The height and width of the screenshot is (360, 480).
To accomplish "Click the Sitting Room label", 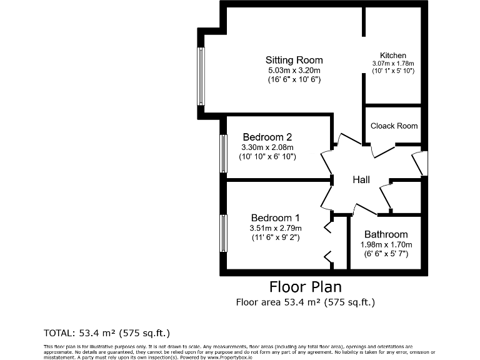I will [x=294, y=60].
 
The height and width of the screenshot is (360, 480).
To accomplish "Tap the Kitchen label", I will [x=393, y=56].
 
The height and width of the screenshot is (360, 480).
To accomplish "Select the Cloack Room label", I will [x=394, y=126].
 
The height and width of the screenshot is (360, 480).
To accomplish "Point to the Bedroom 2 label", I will [x=267, y=137].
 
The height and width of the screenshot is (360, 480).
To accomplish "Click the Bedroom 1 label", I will [x=275, y=217].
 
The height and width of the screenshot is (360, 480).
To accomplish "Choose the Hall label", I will [x=361, y=180].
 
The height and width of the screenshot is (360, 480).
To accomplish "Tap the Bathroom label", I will [x=386, y=234].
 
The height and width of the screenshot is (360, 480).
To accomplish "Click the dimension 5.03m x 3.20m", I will [x=294, y=70].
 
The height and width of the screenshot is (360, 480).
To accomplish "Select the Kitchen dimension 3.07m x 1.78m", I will [x=393, y=64].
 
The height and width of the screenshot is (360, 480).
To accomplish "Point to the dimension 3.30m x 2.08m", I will [x=267, y=147].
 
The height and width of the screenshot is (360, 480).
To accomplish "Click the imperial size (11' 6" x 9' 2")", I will [x=275, y=237].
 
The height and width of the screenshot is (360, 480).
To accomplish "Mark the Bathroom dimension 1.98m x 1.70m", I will [x=386, y=244].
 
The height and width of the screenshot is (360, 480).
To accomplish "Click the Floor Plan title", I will [x=305, y=287].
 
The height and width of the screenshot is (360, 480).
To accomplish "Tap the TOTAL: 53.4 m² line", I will [x=106, y=332].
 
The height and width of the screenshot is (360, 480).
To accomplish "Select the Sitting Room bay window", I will [x=201, y=76].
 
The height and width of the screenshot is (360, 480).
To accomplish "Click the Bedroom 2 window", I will [x=223, y=154].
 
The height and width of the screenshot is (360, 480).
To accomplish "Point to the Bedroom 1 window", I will [x=223, y=233].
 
